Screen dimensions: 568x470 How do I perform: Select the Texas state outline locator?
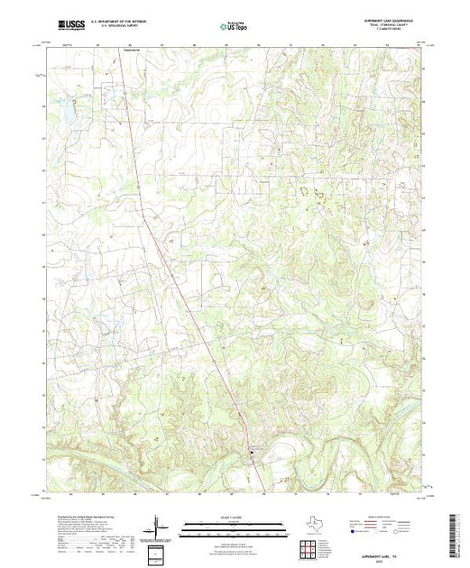pyautogui.click(x=308, y=523)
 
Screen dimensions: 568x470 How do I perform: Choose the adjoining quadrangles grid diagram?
pyautogui.click(x=308, y=546)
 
